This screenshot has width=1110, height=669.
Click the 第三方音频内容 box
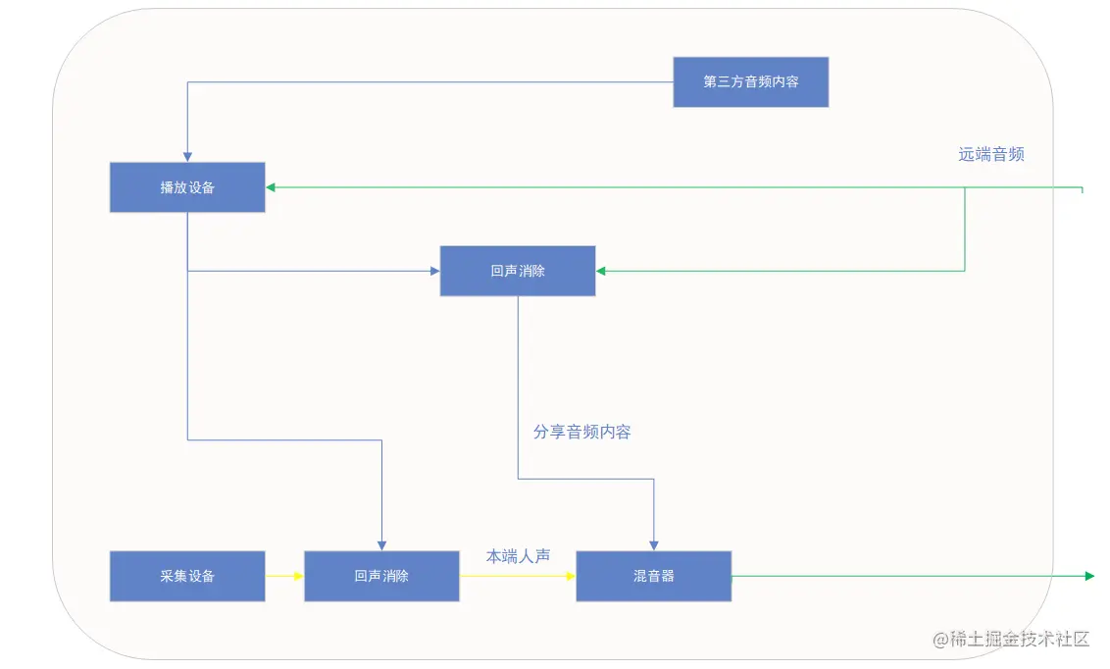(750, 81)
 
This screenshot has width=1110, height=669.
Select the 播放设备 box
(187, 187)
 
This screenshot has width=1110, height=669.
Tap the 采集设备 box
(187, 576)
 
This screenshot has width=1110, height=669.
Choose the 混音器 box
(653, 576)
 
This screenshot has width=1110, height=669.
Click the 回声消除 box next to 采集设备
(381, 576)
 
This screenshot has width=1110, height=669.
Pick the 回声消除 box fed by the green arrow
(517, 271)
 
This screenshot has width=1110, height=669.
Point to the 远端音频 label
(991, 154)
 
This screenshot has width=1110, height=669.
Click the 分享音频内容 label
(581, 432)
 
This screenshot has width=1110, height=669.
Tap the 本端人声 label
(518, 556)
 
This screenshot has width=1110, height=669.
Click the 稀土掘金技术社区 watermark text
(1011, 639)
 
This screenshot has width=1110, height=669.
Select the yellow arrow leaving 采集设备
(284, 576)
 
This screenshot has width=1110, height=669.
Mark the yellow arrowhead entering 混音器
(570, 576)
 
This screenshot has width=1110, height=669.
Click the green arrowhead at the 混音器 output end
(1088, 576)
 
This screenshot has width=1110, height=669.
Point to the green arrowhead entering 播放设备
(272, 186)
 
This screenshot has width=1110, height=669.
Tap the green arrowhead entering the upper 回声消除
(602, 271)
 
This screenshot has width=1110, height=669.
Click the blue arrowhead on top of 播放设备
(187, 156)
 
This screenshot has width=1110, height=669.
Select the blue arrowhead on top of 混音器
(654, 544)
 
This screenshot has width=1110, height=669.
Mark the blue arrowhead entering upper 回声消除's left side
(433, 271)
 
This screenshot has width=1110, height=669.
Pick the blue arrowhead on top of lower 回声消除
(381, 544)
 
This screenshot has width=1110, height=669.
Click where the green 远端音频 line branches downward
(965, 187)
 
